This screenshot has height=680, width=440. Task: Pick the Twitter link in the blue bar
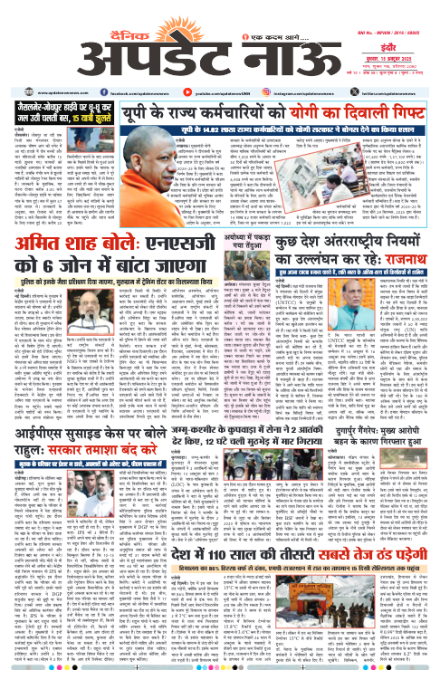[x=388, y=68]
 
